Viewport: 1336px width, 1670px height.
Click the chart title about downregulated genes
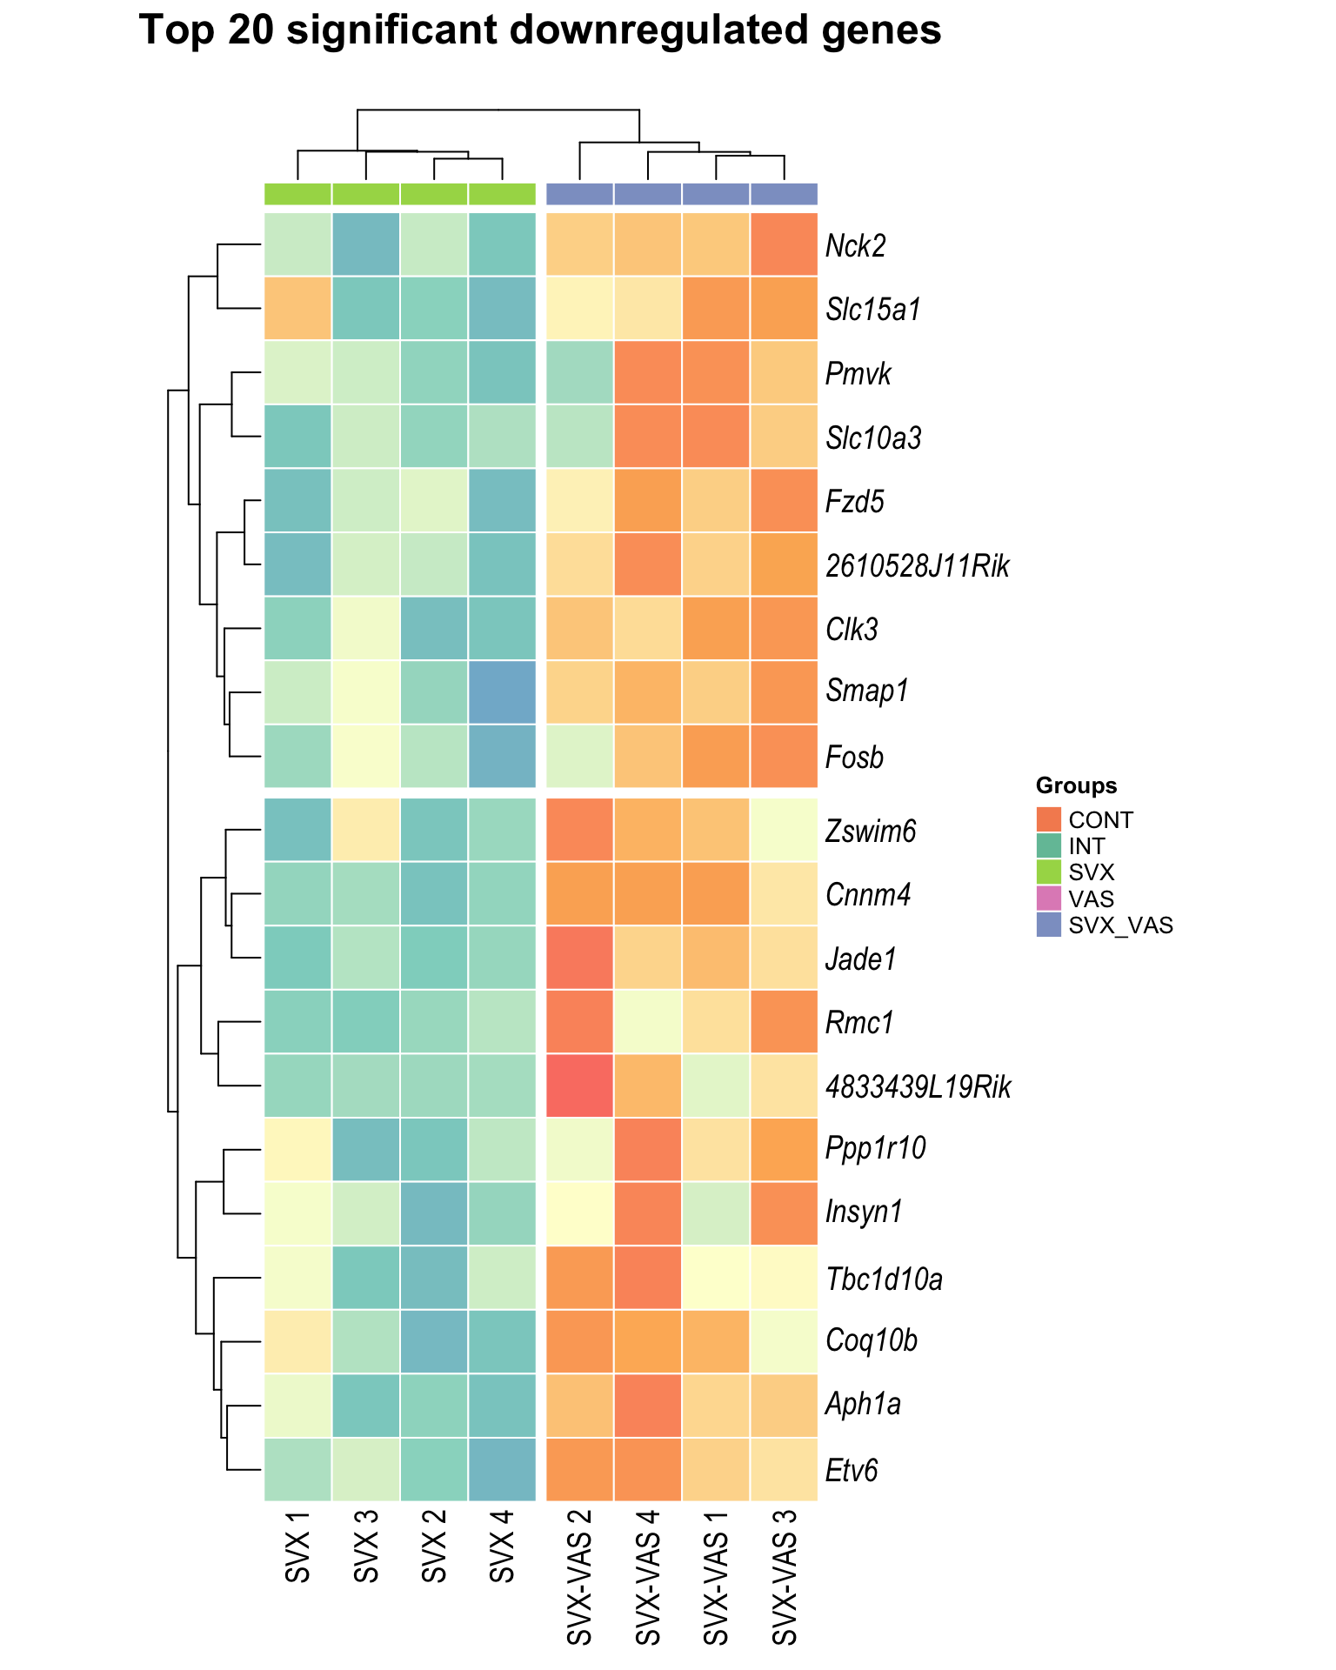point(539,32)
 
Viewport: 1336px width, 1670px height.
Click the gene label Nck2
point(855,246)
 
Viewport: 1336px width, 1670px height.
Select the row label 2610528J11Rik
point(918,566)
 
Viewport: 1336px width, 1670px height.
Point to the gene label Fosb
point(854,758)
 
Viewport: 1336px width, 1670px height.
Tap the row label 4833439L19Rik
point(918,1086)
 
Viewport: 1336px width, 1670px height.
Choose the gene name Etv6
point(852,1471)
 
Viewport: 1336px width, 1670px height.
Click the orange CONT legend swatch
point(1049,819)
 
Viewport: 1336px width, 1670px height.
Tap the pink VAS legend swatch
point(1049,898)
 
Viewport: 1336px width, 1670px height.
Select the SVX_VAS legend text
point(1121,925)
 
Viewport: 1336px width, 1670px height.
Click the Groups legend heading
point(1076,786)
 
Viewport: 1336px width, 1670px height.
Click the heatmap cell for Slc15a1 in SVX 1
point(297,309)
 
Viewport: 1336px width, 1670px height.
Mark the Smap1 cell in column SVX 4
point(502,692)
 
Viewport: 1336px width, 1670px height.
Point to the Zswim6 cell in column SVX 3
point(366,830)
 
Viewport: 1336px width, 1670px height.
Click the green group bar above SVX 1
point(297,194)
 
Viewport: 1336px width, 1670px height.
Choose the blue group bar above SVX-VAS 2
point(579,194)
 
